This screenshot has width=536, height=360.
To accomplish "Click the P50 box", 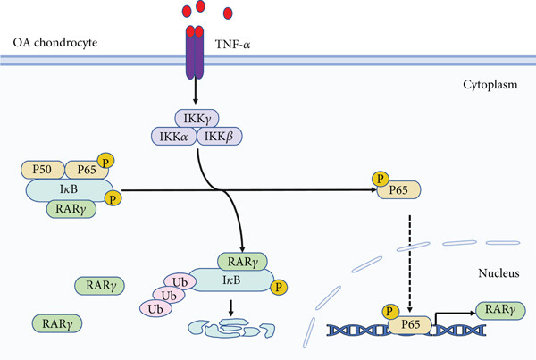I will pos(45,170).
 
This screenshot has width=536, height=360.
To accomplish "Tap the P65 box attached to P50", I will pos(87,170).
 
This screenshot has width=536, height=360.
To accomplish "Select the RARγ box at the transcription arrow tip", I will pos(499,310).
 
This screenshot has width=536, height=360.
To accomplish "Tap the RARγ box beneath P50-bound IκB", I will pos(73,209).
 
